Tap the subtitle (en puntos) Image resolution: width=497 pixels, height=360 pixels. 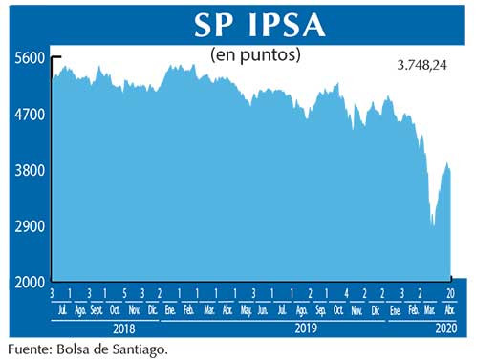click(255, 55)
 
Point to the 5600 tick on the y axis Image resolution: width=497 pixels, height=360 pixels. click(30, 57)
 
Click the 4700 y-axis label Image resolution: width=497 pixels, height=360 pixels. click(30, 115)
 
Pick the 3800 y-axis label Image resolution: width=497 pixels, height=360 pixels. click(30, 171)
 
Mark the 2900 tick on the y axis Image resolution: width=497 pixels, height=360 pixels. click(30, 227)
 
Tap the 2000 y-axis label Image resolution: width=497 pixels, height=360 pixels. click(30, 283)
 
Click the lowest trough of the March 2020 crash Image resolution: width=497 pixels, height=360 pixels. click(433, 225)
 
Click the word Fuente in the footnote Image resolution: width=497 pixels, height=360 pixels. click(28, 349)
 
